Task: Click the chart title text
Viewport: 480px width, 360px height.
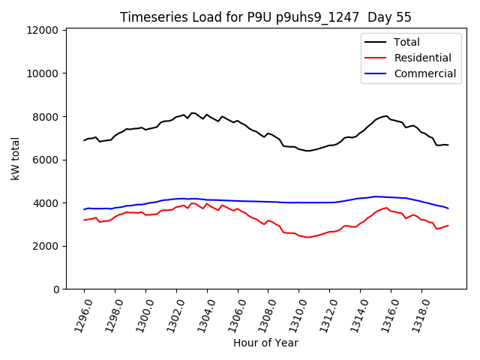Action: tap(265, 17)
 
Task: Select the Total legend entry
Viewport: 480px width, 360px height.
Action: tap(406, 42)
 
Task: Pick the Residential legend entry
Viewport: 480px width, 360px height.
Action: tap(422, 58)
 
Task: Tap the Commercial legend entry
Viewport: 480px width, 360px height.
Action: tap(424, 73)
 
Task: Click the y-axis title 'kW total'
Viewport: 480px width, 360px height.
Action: tap(15, 159)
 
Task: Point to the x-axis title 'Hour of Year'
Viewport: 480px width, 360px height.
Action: tap(265, 343)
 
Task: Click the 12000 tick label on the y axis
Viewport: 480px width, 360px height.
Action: tap(43, 30)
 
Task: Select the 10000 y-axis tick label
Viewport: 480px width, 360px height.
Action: tap(43, 73)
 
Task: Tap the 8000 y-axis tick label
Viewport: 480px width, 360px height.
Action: tap(46, 117)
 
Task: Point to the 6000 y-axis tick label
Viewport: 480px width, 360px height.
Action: tap(46, 160)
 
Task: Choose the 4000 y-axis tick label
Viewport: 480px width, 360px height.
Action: tap(46, 203)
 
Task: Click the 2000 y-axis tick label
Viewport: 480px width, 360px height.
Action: tap(46, 246)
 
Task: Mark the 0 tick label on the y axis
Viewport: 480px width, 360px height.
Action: tap(55, 289)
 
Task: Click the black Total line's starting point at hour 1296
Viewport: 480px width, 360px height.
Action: tap(84, 140)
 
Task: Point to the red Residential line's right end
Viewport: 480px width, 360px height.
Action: tap(448, 225)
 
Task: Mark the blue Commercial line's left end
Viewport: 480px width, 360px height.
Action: tap(84, 209)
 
